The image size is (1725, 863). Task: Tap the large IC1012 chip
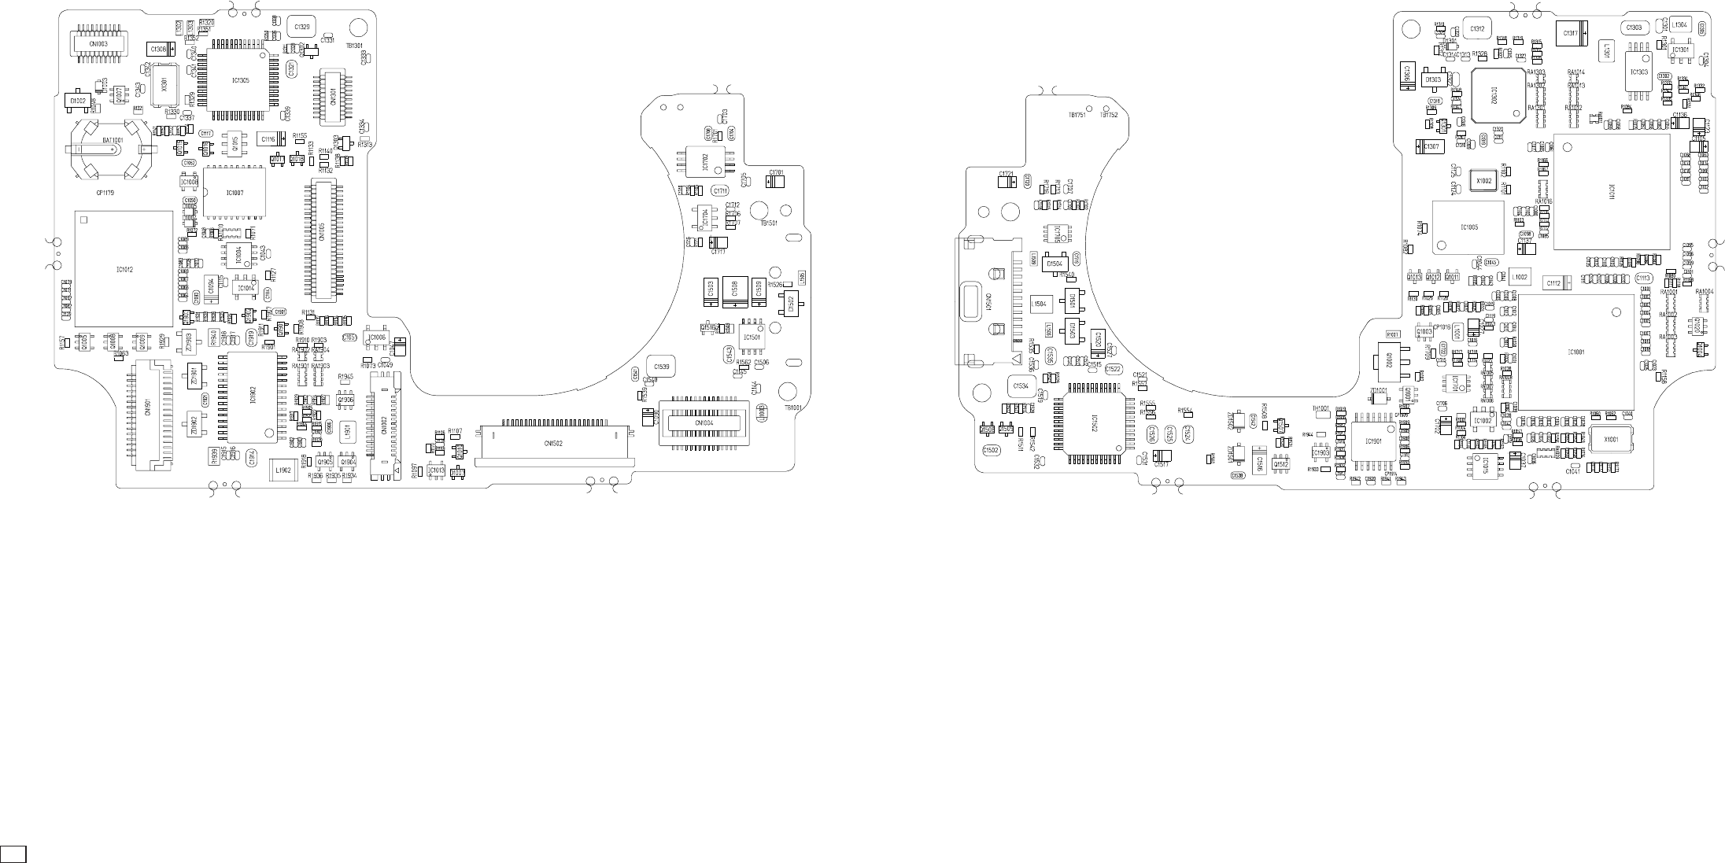click(x=124, y=269)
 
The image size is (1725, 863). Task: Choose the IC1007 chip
click(x=234, y=192)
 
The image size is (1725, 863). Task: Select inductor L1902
click(x=283, y=470)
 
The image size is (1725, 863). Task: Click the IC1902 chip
click(x=252, y=396)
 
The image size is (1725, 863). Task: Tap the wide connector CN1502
click(x=554, y=444)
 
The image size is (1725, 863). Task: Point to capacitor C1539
click(x=661, y=367)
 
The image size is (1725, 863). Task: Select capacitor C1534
click(x=1021, y=386)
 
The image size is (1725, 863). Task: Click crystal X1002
click(x=1483, y=181)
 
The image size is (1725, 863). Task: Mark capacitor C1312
click(x=1477, y=29)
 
